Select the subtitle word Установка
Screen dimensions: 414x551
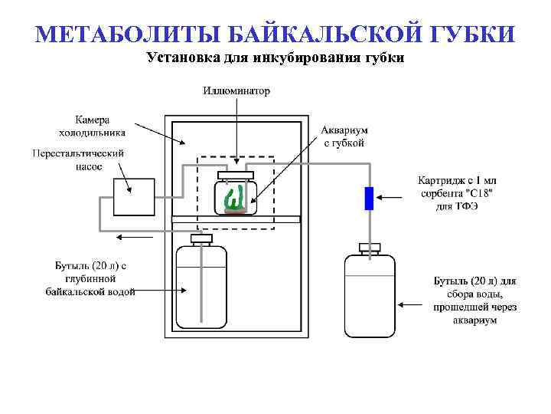184,58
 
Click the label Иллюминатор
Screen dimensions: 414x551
236,90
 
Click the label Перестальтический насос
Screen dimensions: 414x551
78,159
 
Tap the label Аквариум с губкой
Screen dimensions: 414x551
344,136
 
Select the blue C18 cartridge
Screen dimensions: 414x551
369,199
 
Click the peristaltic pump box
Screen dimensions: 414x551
134,196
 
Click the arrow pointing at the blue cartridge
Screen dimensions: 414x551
396,198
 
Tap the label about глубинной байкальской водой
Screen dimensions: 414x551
90,278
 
